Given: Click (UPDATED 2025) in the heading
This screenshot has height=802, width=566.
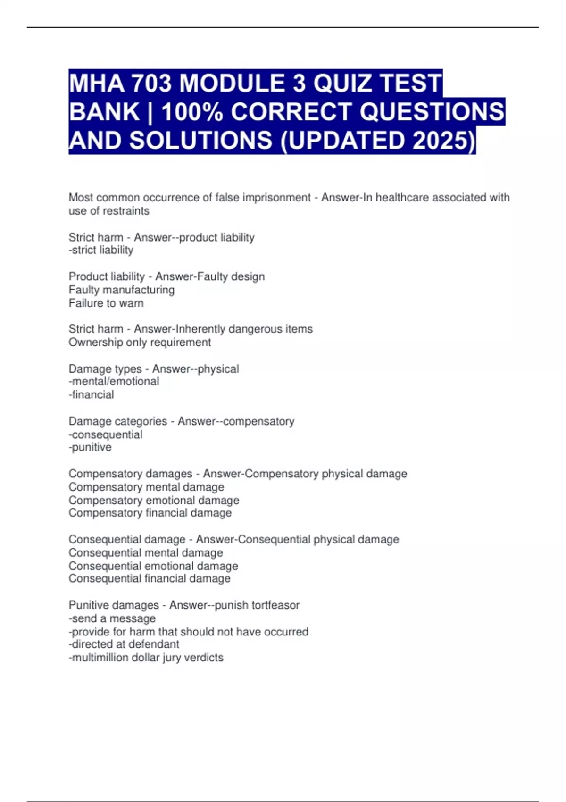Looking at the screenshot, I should (378, 141).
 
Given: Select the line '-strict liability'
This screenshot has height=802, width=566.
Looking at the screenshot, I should (101, 250).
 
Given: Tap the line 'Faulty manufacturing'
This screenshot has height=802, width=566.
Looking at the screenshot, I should (122, 290).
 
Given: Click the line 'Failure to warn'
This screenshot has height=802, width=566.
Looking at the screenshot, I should (106, 303).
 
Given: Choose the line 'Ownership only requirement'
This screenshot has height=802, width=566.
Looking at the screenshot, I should (140, 342).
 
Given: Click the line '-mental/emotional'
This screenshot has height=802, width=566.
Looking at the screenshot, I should (114, 381).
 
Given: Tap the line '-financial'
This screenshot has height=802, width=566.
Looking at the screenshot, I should (91, 394).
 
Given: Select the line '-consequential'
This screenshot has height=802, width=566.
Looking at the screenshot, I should (105, 434).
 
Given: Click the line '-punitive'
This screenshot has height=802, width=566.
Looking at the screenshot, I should (90, 447).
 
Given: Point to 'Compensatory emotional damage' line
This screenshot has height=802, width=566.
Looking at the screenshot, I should (154, 500).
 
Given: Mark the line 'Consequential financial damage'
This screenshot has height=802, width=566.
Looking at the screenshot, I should (150, 578).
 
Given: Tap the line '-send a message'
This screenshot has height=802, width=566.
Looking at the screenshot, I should (112, 618).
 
